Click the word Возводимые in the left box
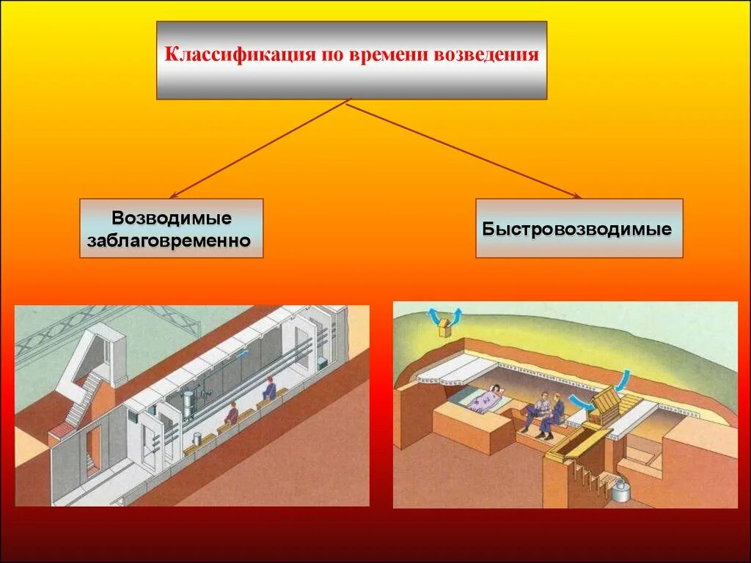coord(172,218)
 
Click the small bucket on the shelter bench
coord(196,438)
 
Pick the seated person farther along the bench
coord(269,389)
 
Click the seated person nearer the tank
coord(231,414)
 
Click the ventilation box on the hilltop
coord(445,329)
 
